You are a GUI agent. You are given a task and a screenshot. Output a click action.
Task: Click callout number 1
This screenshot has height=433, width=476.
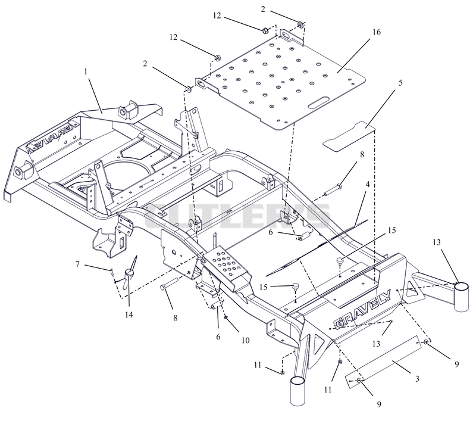click(x=86, y=71)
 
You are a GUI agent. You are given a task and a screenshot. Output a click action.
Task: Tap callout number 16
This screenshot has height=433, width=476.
click(x=376, y=32)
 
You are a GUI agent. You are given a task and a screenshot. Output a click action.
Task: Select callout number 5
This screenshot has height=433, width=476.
click(x=400, y=83)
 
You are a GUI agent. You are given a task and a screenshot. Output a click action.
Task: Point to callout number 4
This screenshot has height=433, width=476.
click(x=368, y=184)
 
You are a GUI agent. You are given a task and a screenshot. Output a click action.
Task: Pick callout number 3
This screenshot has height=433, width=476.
click(x=418, y=379)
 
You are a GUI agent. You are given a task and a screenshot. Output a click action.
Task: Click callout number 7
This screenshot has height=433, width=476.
click(x=77, y=264)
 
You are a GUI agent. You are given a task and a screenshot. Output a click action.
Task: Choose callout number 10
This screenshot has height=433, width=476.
click(x=245, y=340)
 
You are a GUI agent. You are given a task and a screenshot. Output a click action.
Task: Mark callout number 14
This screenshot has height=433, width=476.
click(x=129, y=314)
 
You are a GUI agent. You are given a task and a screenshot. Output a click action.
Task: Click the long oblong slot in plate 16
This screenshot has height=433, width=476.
click(x=319, y=103)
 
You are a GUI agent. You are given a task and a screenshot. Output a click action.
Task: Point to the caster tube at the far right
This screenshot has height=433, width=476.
click(x=462, y=297)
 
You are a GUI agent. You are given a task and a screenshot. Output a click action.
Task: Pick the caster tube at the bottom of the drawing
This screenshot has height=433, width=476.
click(x=297, y=391)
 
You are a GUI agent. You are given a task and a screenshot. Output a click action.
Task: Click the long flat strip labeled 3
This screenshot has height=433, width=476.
click(x=384, y=362)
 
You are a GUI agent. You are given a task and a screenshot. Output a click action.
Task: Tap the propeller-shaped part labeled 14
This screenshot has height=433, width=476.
click(x=130, y=273)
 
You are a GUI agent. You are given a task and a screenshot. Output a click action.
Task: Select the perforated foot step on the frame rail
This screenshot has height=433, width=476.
click(x=226, y=263)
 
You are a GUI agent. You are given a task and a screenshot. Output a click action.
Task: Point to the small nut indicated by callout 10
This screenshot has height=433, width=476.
click(x=226, y=317)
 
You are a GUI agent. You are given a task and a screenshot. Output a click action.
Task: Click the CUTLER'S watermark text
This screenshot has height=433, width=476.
click(x=237, y=216)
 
